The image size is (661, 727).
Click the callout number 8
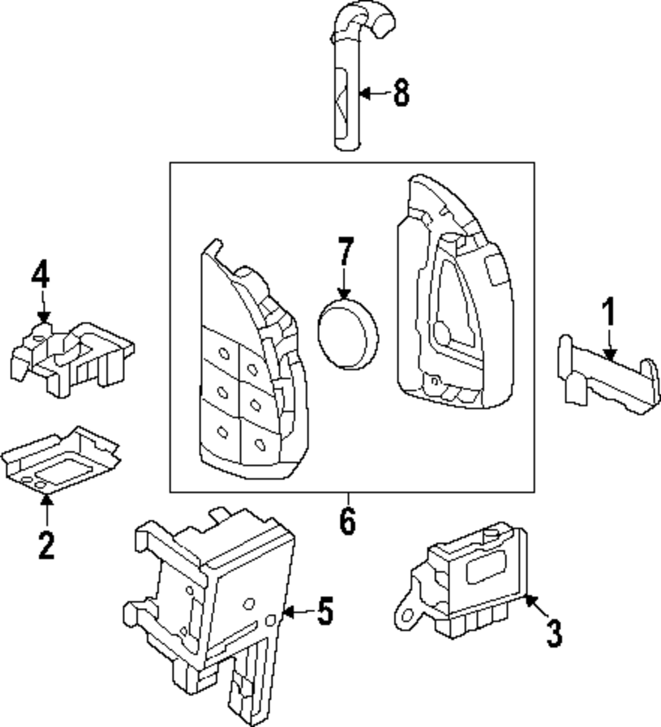pyautogui.click(x=401, y=93)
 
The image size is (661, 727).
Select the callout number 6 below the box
pyautogui.click(x=347, y=522)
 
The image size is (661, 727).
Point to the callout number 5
pyautogui.click(x=324, y=612)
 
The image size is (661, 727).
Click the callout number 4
pyautogui.click(x=41, y=276)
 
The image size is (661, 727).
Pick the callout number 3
pyautogui.click(x=554, y=632)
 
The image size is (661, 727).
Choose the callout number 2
pyautogui.click(x=46, y=545)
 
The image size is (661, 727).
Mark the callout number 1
pyautogui.click(x=608, y=313)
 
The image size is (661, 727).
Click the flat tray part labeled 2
pyautogui.click(x=59, y=459)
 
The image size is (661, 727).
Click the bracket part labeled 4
pyautogui.click(x=69, y=357)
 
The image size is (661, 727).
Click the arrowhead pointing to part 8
pyautogui.click(x=363, y=93)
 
